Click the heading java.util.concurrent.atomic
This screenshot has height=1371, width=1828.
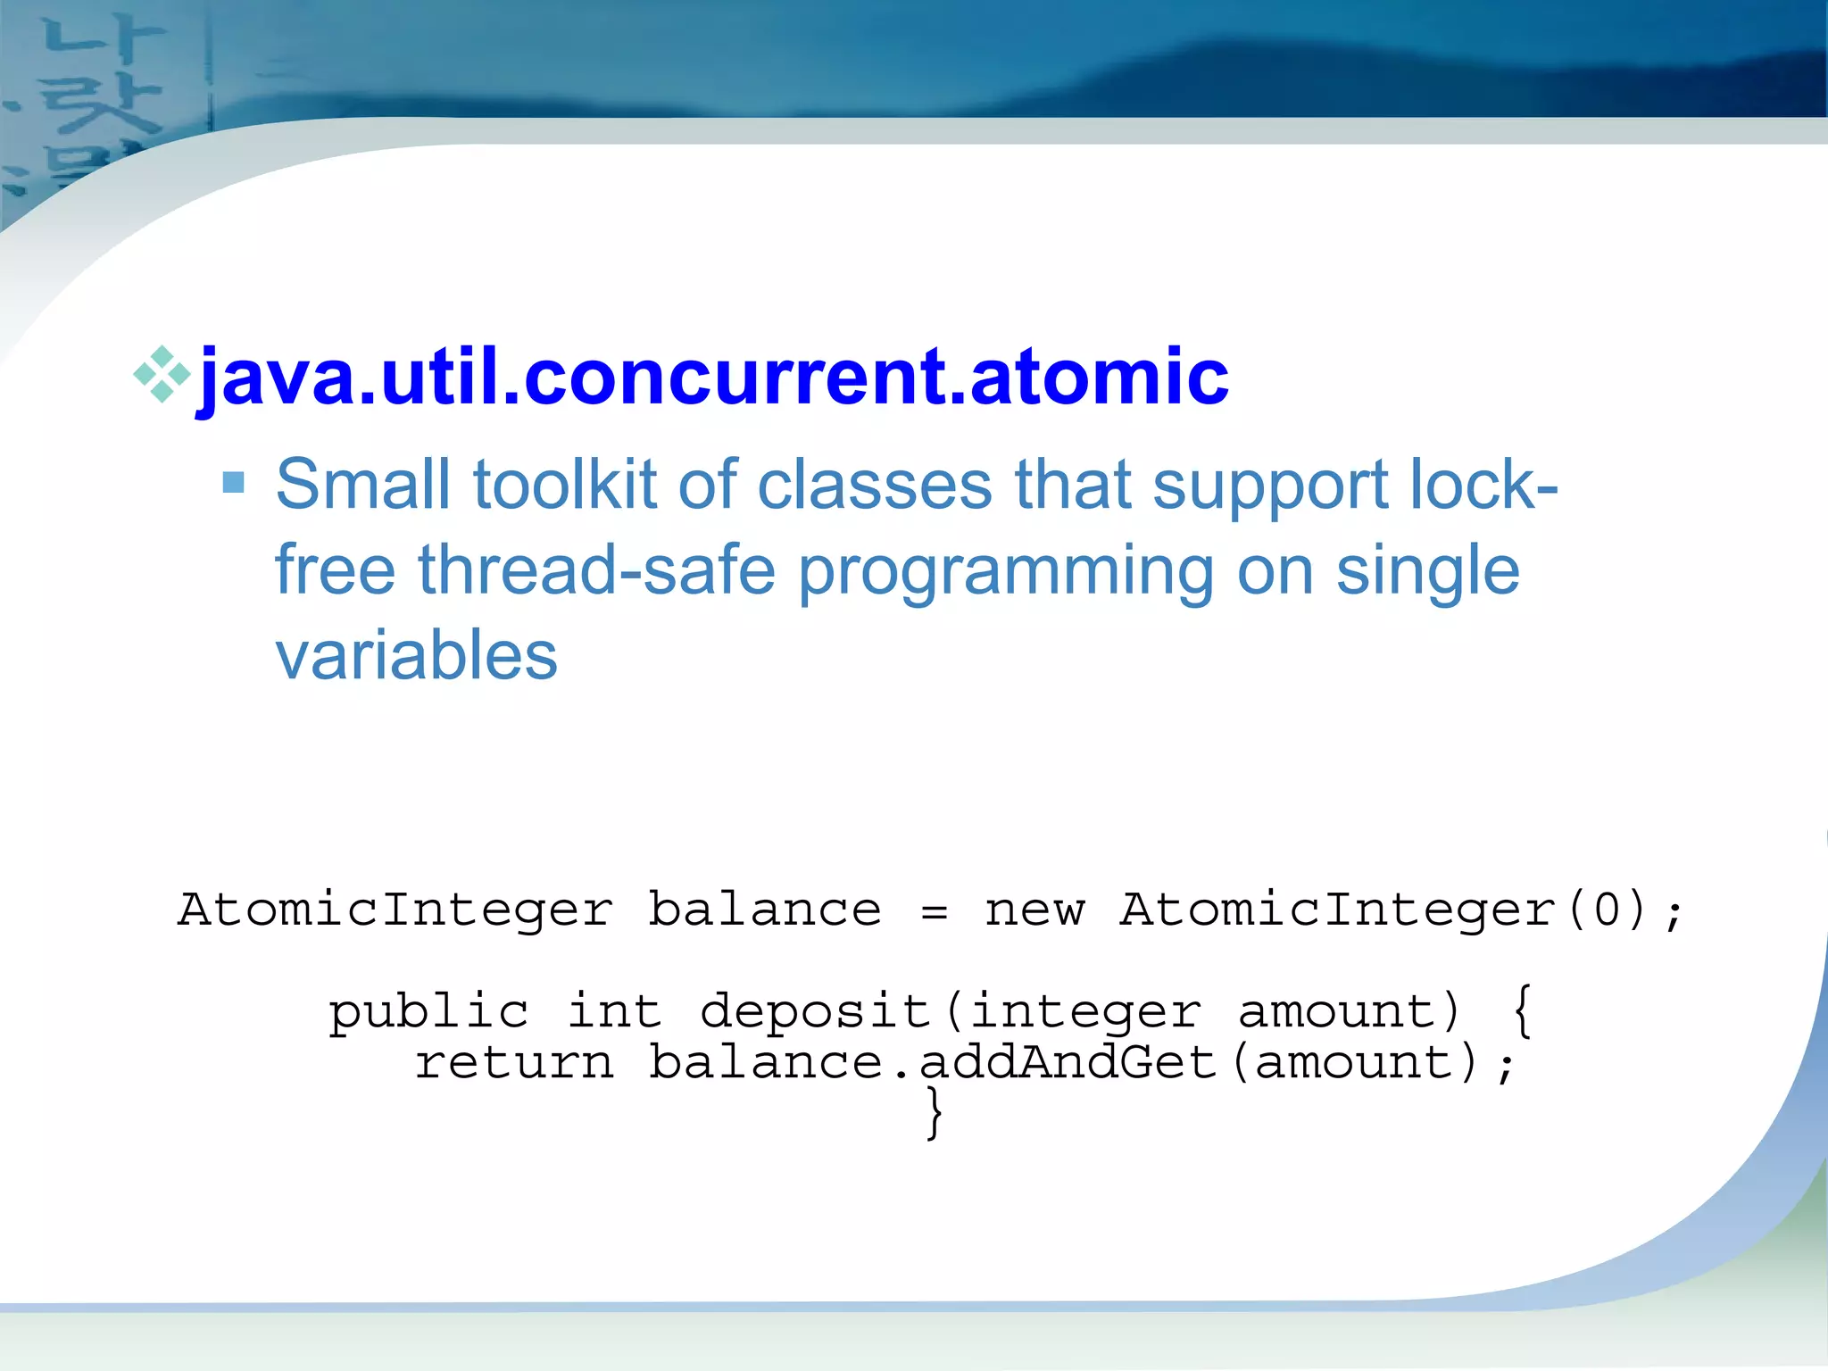(x=712, y=377)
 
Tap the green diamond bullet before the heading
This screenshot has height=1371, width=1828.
(x=162, y=375)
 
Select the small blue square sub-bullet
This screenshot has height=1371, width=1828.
(x=233, y=483)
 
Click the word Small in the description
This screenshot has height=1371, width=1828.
(x=362, y=485)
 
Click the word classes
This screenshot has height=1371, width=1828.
(x=874, y=485)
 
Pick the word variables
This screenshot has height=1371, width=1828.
(x=416, y=655)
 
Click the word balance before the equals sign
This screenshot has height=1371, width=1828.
(x=764, y=910)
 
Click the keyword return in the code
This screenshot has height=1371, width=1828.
(x=515, y=1063)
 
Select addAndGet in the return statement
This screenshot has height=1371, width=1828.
(x=1068, y=1063)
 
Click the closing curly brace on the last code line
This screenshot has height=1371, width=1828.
(x=934, y=1113)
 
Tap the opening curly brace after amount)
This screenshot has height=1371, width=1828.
(x=1523, y=1012)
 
